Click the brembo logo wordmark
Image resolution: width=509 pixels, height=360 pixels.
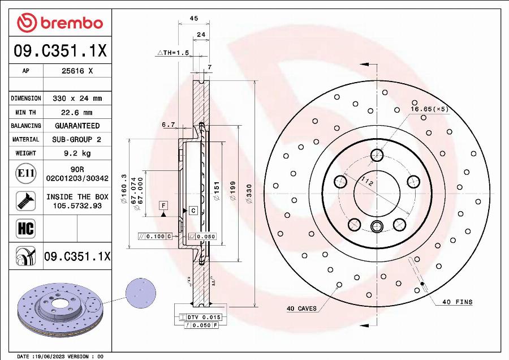coord(60,23)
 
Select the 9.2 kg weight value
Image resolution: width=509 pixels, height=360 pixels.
coord(77,153)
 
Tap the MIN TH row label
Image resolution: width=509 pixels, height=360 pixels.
coord(25,112)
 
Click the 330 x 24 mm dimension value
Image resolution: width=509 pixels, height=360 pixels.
coord(77,98)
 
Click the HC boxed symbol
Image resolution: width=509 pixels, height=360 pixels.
coord(25,228)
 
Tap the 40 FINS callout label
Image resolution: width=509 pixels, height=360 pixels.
coord(456,302)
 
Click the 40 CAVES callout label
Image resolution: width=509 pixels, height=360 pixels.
coord(301,309)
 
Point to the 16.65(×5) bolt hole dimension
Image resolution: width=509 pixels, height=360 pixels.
coord(429,109)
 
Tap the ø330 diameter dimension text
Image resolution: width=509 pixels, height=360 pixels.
coord(249,195)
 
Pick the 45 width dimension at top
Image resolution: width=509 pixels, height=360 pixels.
coord(193,19)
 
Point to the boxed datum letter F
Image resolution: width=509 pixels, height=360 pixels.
coord(163,205)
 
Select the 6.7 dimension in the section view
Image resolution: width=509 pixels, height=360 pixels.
coord(168,125)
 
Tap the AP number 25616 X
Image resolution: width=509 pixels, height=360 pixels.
coord(77,71)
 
